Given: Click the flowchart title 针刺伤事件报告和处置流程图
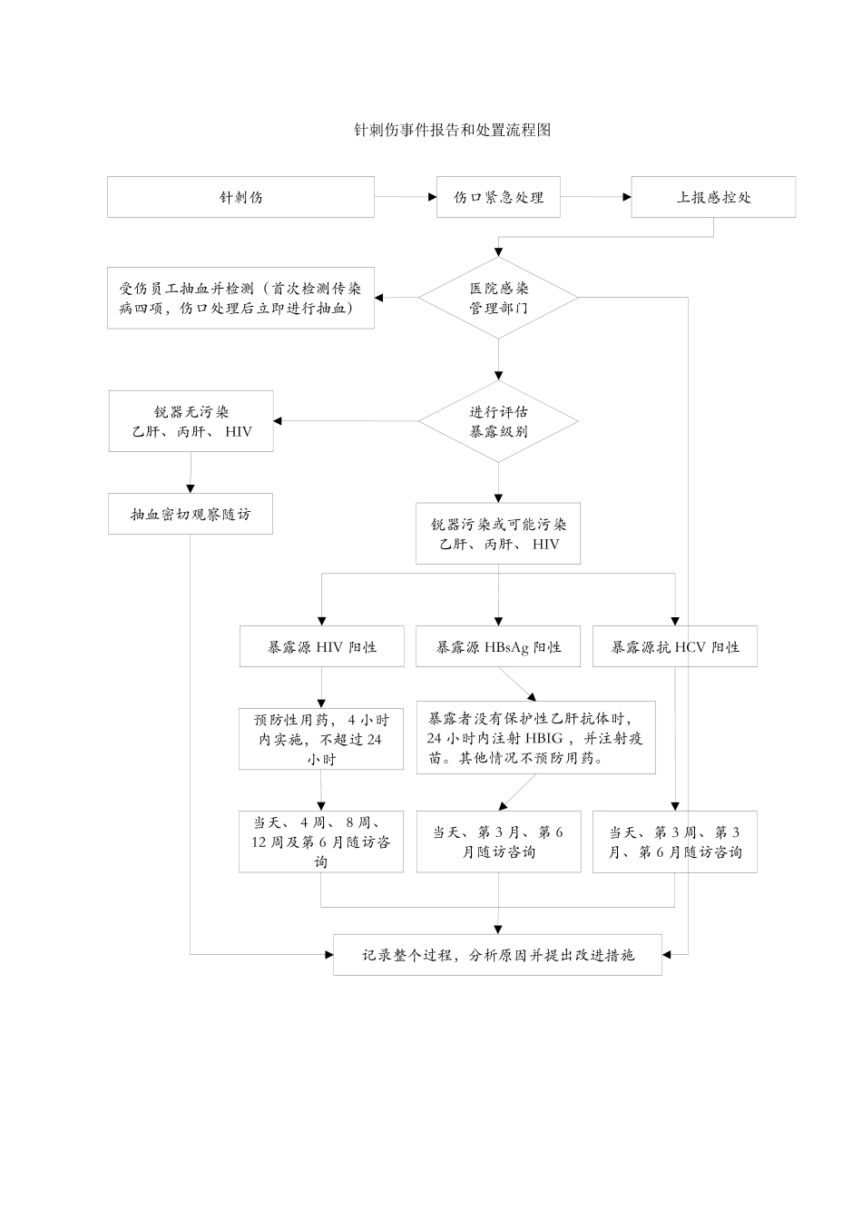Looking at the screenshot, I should (x=452, y=130).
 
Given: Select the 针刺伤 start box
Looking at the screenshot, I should (x=240, y=197).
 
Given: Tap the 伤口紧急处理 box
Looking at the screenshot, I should (x=498, y=197).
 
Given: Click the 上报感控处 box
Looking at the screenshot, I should (x=713, y=197).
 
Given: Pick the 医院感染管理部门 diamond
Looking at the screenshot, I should (x=498, y=298).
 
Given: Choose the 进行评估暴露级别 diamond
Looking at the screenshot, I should (x=498, y=421).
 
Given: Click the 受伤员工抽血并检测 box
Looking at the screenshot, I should (x=240, y=298).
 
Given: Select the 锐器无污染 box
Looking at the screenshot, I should (x=191, y=421).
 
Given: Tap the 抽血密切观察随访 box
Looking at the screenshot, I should (x=191, y=514).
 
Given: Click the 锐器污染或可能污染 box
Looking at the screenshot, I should (x=498, y=534).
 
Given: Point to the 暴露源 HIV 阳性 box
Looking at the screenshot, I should (x=321, y=647).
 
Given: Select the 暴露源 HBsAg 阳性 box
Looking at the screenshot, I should (x=498, y=647).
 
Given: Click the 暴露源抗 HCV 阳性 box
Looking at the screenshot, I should (x=674, y=647).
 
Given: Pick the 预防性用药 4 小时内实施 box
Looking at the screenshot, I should (x=321, y=739).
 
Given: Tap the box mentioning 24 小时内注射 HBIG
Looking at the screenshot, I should (x=535, y=737).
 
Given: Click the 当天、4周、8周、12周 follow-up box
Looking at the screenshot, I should (x=321, y=841).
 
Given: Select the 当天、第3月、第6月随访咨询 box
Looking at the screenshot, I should (x=498, y=841).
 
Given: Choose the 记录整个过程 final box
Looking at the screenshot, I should (x=497, y=955).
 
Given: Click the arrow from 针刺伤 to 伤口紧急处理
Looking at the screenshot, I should (x=405, y=197).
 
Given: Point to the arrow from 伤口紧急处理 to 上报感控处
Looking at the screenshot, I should (x=595, y=197).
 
